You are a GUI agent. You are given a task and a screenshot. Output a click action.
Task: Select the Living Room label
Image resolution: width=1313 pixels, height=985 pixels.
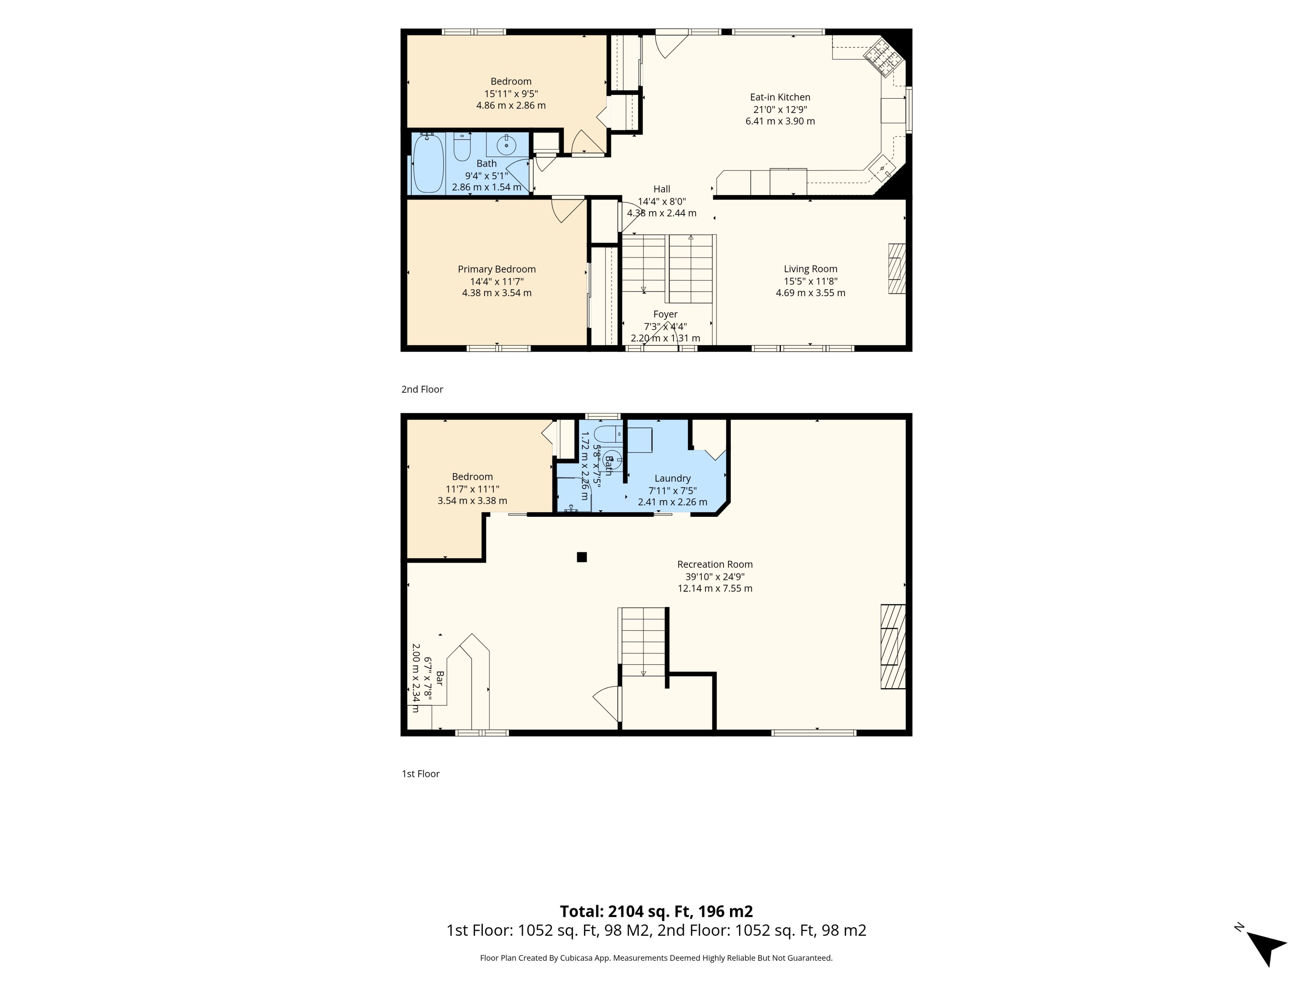pyautogui.click(x=810, y=269)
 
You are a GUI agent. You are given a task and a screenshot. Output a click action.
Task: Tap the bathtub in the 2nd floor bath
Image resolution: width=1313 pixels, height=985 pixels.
pyautogui.click(x=428, y=163)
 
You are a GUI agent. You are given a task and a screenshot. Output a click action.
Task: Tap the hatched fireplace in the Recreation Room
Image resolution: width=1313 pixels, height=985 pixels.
pyautogui.click(x=893, y=646)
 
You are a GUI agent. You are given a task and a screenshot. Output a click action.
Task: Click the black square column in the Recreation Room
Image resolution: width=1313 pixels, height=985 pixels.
pyautogui.click(x=582, y=557)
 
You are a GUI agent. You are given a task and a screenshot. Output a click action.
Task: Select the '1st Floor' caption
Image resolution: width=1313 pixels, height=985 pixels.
pyautogui.click(x=420, y=774)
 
